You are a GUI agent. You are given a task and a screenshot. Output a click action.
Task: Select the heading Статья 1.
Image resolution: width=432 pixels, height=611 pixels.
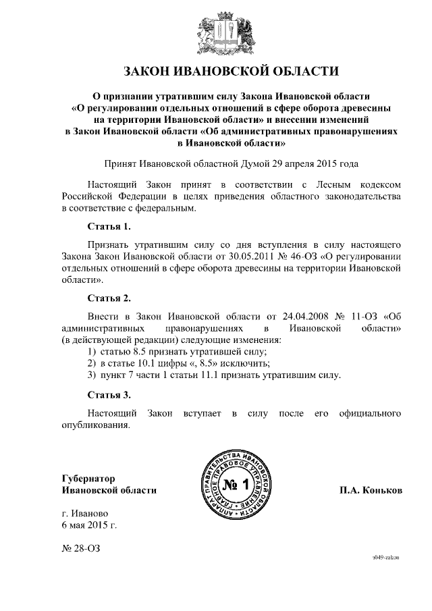pos(109,225)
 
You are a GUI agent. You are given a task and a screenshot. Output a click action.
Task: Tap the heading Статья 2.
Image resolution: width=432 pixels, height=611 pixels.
pos(109,297)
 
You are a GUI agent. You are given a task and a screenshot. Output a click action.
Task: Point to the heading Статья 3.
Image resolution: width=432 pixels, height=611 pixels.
pos(109,394)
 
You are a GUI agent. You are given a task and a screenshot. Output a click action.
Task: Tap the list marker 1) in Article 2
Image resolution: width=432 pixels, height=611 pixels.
pos(92,352)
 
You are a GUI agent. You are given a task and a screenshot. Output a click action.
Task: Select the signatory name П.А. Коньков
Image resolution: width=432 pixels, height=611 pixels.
pos(371,490)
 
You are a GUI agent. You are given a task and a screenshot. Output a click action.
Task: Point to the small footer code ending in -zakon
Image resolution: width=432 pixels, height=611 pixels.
pos(386,558)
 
